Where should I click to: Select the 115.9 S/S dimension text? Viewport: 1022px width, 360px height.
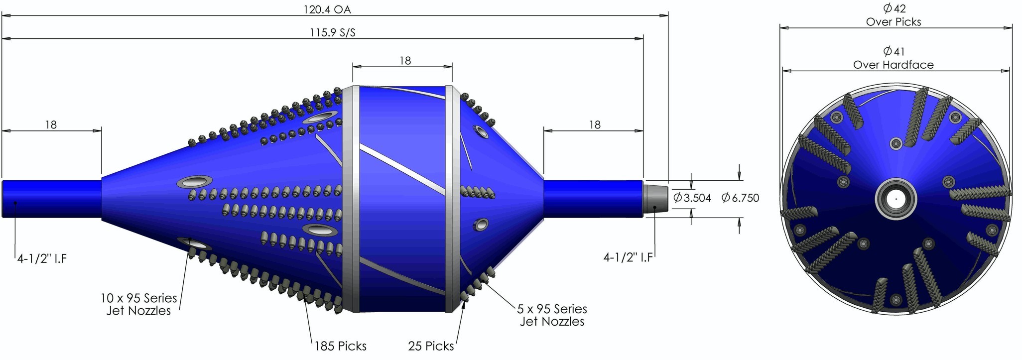pyautogui.click(x=333, y=33)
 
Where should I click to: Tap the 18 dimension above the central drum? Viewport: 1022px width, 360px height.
pyautogui.click(x=405, y=61)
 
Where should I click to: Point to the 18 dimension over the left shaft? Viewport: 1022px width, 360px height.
pyautogui.click(x=51, y=124)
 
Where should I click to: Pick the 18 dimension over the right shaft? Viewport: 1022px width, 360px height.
pyautogui.click(x=595, y=124)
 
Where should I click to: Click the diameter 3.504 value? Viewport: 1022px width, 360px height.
pyautogui.click(x=693, y=198)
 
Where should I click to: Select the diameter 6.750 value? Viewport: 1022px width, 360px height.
pyautogui.click(x=741, y=198)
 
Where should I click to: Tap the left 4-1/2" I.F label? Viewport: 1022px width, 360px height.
pyautogui.click(x=42, y=259)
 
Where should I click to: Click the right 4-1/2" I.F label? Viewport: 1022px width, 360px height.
pyautogui.click(x=628, y=257)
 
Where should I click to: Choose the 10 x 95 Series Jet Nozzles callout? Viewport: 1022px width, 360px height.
pyautogui.click(x=139, y=304)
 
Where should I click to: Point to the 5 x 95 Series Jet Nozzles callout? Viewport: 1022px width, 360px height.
pyautogui.click(x=552, y=315)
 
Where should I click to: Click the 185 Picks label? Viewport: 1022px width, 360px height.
pyautogui.click(x=341, y=346)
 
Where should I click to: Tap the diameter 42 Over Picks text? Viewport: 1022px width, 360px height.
pyautogui.click(x=894, y=15)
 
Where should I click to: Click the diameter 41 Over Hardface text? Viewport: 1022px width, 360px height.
pyautogui.click(x=894, y=58)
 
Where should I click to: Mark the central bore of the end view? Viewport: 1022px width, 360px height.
pyautogui.click(x=896, y=199)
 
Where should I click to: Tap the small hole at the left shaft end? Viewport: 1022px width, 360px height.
pyautogui.click(x=15, y=203)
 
